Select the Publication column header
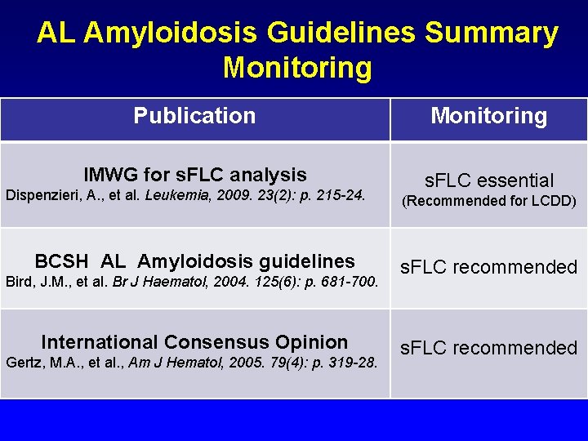coord(194,116)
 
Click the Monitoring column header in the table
coord(488,116)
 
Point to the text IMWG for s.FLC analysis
coord(195,175)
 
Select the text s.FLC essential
coord(488,180)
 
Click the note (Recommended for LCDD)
coord(488,201)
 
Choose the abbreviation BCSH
coord(61,261)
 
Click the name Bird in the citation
coord(18,283)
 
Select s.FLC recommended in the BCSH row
coord(488,267)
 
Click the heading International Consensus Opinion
coord(194,342)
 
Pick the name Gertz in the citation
coord(23,363)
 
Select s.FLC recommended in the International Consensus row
coord(488,348)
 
